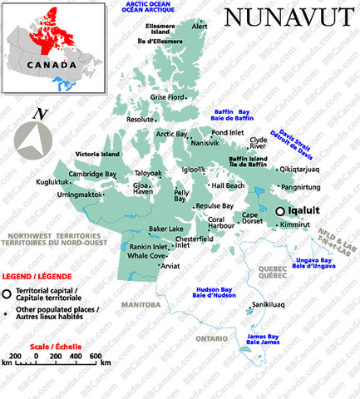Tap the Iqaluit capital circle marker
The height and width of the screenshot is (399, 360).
pos(280,211)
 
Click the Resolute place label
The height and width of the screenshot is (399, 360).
pos(140,119)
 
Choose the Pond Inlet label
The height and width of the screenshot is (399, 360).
pos(228,132)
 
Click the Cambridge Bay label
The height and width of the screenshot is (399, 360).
pos(92,174)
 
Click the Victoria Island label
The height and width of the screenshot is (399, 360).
pos(99,155)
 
